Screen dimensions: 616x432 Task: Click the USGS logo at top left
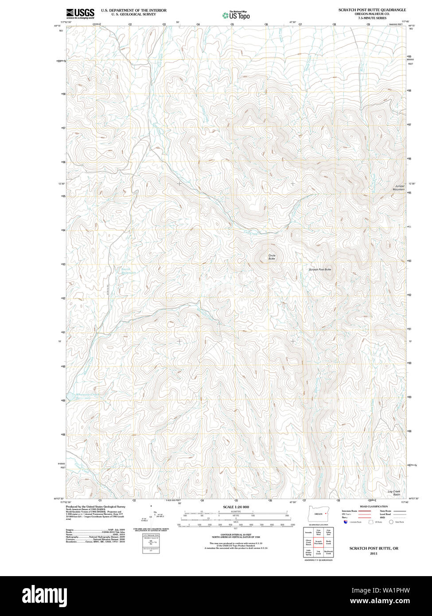(80, 13)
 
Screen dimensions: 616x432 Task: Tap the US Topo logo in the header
(236, 15)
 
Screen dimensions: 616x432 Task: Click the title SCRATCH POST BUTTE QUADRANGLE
(372, 10)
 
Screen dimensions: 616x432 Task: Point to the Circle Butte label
(272, 257)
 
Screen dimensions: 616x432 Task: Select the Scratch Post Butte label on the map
(320, 269)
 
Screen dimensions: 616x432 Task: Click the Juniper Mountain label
(399, 187)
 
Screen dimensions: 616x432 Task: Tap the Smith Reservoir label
(128, 271)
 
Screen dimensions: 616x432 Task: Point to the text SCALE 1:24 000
(236, 507)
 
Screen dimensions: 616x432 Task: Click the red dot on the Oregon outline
(326, 514)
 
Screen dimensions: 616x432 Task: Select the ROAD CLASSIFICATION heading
(374, 506)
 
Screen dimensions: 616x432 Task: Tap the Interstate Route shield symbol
(346, 522)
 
